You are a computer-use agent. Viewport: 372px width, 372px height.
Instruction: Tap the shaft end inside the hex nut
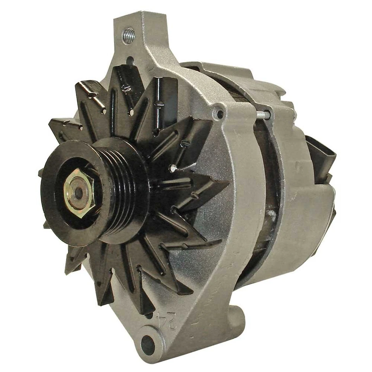pos(79,193)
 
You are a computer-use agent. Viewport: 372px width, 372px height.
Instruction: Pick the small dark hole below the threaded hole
pos(130,61)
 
